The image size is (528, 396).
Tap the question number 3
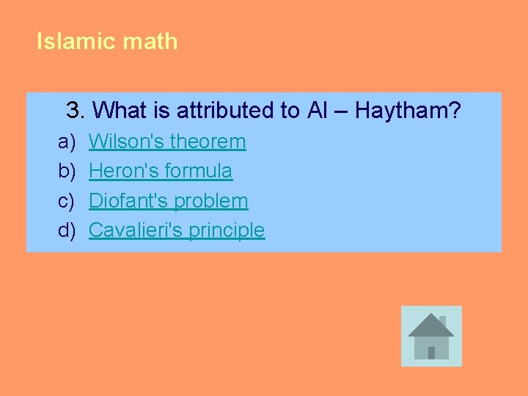74,111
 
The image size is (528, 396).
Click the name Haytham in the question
408,111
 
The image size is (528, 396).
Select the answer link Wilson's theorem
167,141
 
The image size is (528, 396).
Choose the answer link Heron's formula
161,171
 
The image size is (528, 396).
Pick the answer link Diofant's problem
168,200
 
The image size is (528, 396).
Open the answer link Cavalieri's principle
176,230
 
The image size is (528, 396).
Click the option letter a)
67,141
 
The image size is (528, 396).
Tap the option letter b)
67,171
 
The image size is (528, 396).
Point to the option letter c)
67,200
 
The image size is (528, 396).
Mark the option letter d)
67,230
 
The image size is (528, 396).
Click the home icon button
431,336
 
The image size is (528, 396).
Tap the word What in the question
121,111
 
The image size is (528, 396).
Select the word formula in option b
199,171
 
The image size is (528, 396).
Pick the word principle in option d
227,230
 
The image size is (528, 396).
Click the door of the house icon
431,352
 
